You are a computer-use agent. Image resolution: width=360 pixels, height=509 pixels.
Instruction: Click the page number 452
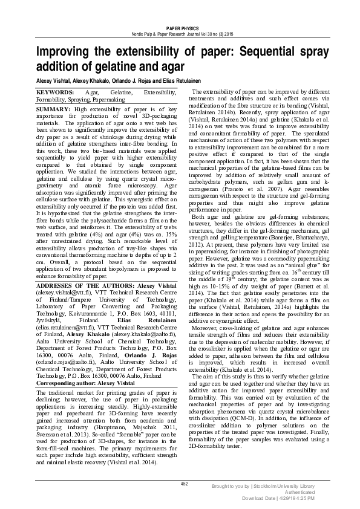click(x=185, y=484)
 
